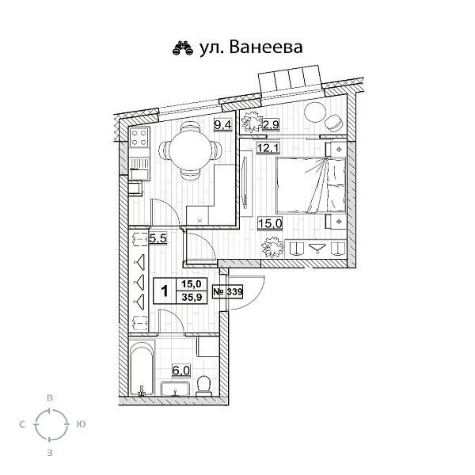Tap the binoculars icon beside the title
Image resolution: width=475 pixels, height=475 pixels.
[183, 49]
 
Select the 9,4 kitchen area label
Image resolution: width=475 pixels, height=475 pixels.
[222, 123]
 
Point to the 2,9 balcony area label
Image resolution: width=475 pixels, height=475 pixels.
[271, 123]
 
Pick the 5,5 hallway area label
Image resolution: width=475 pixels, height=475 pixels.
[158, 237]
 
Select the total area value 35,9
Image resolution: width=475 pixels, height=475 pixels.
[192, 298]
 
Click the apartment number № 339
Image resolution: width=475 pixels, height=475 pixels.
[228, 291]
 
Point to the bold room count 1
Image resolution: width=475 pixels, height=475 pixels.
[164, 291]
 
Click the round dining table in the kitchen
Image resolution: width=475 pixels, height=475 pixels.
[187, 150]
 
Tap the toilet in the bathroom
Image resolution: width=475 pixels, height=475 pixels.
[203, 386]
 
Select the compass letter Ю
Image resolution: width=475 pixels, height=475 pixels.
[82, 425]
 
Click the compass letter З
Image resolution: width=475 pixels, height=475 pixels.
[51, 453]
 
